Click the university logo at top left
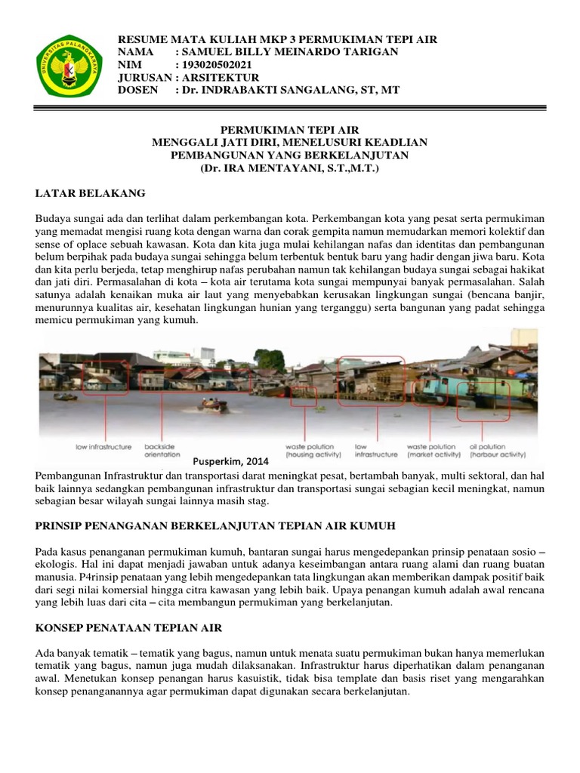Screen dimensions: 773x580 click(x=70, y=66)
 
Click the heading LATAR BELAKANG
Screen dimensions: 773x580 click(x=90, y=194)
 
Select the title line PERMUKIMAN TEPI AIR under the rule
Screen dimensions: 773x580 click(x=289, y=130)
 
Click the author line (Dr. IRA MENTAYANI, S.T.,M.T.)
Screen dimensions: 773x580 click(x=289, y=167)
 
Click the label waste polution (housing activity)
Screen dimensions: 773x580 click(x=313, y=451)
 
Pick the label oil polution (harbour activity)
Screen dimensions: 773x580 click(x=497, y=451)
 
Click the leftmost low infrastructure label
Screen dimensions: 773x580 click(x=103, y=447)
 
